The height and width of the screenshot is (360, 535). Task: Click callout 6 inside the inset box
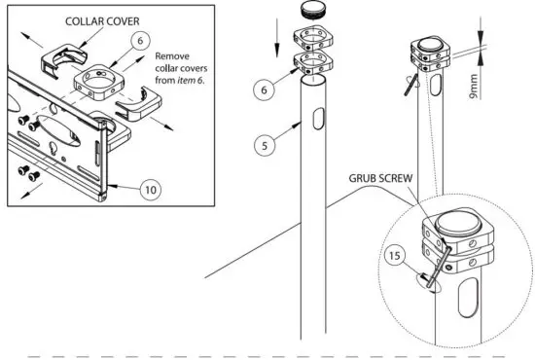(x=141, y=40)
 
